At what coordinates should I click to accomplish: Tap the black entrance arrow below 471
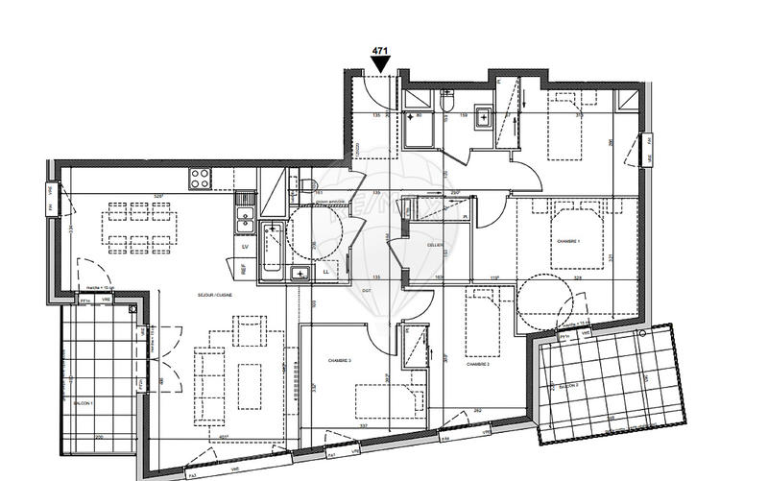click(x=381, y=64)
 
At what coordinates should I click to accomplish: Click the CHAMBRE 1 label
click(x=566, y=242)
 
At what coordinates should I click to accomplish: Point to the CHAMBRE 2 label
click(x=478, y=365)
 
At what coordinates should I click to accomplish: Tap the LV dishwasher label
click(x=246, y=246)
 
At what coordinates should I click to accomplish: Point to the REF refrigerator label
click(x=244, y=271)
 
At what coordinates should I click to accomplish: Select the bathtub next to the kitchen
click(x=272, y=248)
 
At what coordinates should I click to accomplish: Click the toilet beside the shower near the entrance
click(x=448, y=102)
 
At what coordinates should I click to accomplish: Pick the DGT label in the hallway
click(x=367, y=291)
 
